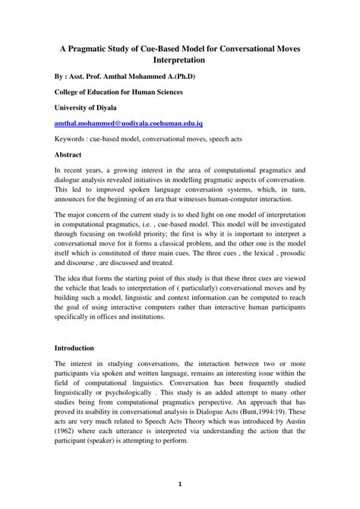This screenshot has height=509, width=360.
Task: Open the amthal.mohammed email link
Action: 128,122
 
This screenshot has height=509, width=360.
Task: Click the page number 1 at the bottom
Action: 180,484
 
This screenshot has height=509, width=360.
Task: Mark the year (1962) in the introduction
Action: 68,431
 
